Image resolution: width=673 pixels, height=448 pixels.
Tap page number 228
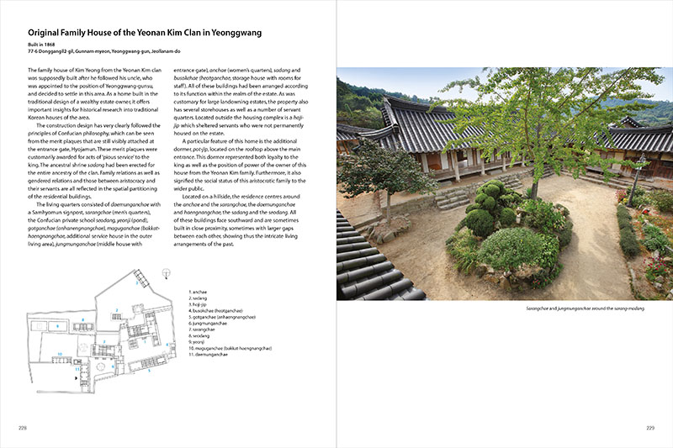point(23,427)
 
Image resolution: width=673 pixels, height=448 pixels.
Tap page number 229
point(649,427)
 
